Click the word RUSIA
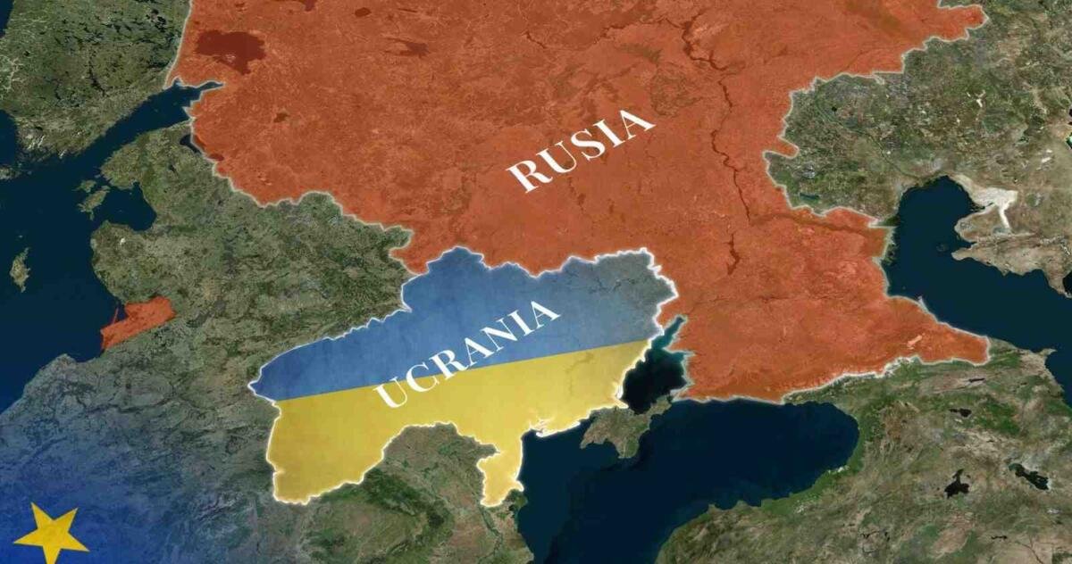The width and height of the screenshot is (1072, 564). coord(581,150)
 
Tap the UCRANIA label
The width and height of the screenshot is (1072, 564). coord(467,354)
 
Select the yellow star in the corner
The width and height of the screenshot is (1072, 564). coord(51,534)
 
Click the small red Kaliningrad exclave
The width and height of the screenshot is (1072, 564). coord(137,321)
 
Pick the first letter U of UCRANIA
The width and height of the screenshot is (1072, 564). coord(389,393)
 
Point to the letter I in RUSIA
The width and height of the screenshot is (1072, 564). coord(610,136)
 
